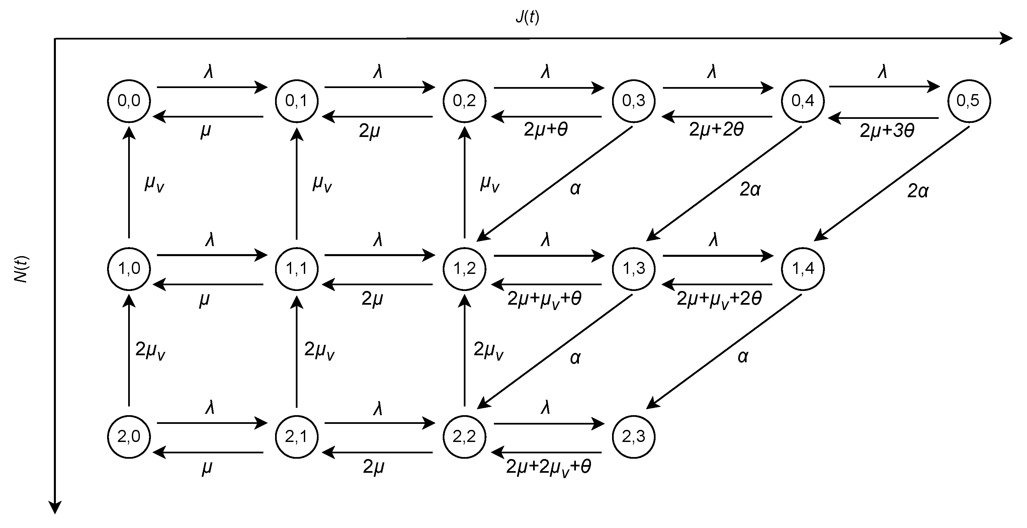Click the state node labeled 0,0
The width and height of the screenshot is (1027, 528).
(129, 100)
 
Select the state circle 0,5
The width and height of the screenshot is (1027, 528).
(969, 100)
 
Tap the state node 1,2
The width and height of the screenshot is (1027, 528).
(464, 269)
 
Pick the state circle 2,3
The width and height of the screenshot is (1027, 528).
(633, 437)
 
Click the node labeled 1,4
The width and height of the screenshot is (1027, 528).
(802, 269)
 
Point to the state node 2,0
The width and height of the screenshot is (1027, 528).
(129, 437)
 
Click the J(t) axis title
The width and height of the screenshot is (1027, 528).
(527, 17)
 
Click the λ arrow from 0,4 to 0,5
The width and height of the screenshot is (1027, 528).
(884, 86)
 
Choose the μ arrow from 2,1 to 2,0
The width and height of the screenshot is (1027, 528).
(208, 453)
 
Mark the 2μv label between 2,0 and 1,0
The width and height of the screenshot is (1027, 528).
(150, 350)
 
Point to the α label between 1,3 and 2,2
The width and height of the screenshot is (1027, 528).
(575, 358)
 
